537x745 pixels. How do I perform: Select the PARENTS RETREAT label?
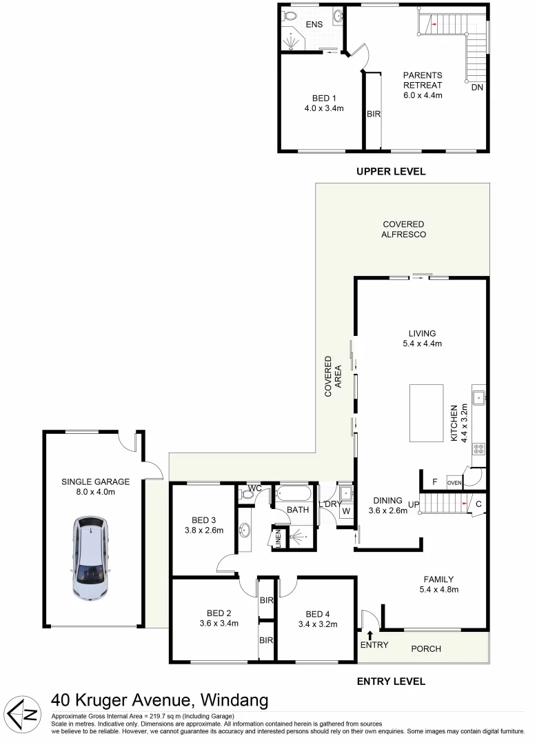[423, 80]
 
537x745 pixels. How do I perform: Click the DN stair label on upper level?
[477, 88]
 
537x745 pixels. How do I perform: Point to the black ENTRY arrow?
[370, 635]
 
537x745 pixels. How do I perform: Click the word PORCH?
[425, 649]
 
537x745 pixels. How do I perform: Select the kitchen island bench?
[426, 413]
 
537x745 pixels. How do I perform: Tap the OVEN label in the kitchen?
[454, 482]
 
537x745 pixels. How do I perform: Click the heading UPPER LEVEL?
[391, 172]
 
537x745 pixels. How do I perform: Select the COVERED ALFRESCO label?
[404, 229]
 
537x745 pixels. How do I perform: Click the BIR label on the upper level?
[373, 115]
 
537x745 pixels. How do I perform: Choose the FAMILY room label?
[439, 579]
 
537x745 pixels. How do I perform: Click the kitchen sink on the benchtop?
[478, 397]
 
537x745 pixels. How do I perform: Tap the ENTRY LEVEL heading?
[391, 682]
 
